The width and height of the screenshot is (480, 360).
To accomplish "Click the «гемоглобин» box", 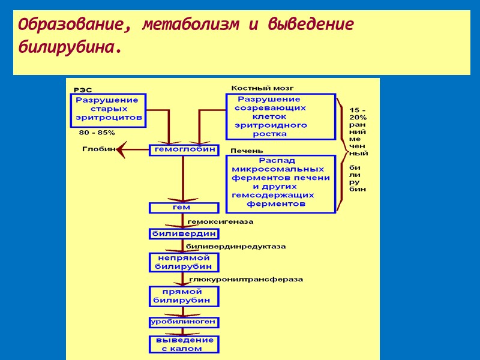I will click(x=184, y=149).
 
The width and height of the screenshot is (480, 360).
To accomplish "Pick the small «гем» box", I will click(x=184, y=208).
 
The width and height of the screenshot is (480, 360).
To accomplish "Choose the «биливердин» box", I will click(x=184, y=233).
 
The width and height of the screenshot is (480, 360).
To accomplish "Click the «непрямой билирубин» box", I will click(x=184, y=262).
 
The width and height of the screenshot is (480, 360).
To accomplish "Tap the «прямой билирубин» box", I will click(x=184, y=296).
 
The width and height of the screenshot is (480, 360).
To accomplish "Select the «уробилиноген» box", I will click(x=184, y=322).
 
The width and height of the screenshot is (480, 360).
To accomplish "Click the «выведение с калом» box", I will click(x=184, y=344).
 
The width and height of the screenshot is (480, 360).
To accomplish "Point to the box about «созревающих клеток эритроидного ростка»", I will click(x=280, y=116).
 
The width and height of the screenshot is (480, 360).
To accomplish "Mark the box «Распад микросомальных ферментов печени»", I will click(x=280, y=184).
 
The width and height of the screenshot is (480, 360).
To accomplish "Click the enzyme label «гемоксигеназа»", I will click(x=221, y=221).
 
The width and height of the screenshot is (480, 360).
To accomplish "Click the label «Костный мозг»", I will click(x=254, y=88).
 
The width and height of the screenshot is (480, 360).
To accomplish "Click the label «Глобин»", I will click(x=98, y=149).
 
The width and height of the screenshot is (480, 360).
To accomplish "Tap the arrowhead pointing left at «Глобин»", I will click(x=122, y=149).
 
